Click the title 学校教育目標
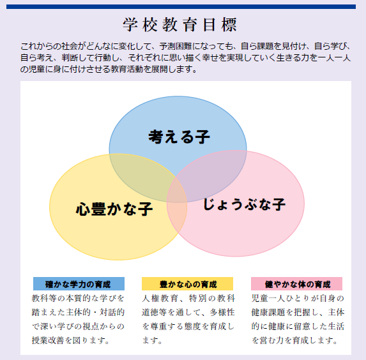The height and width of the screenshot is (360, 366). (x=179, y=24)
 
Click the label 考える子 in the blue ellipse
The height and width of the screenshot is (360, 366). (x=179, y=137)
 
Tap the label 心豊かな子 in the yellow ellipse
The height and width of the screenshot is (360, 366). (x=114, y=209)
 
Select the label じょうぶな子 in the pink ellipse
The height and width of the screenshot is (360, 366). (x=244, y=204)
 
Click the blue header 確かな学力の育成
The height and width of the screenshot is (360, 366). (x=79, y=283)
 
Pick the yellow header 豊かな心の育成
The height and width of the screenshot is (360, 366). (x=187, y=283)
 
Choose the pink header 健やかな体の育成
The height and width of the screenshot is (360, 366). (x=296, y=283)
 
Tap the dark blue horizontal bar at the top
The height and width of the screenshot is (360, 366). (x=181, y=6)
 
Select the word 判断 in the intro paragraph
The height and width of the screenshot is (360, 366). (x=70, y=57)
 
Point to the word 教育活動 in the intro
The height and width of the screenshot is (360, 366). (x=126, y=69)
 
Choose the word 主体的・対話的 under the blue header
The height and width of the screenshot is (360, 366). (x=95, y=312)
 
